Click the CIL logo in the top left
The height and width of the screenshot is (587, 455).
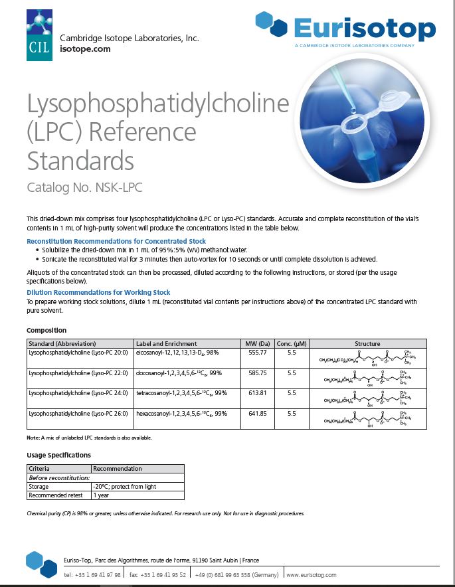pos(39,35)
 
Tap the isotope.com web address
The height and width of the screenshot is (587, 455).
pos(85,48)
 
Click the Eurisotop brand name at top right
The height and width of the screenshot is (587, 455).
pos(365,29)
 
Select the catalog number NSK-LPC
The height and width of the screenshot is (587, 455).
pos(84,187)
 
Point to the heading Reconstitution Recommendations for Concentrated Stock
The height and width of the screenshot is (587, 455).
pos(116,241)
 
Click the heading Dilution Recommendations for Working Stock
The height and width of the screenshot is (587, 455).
pos(98,292)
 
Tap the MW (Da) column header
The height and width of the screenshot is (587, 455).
pos(257,343)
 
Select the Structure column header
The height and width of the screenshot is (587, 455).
pos(367,343)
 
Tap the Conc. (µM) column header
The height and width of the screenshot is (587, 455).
pos(291,343)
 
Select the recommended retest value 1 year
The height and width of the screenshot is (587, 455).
pos(102,495)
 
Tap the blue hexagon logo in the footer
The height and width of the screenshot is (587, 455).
pos(41,564)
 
